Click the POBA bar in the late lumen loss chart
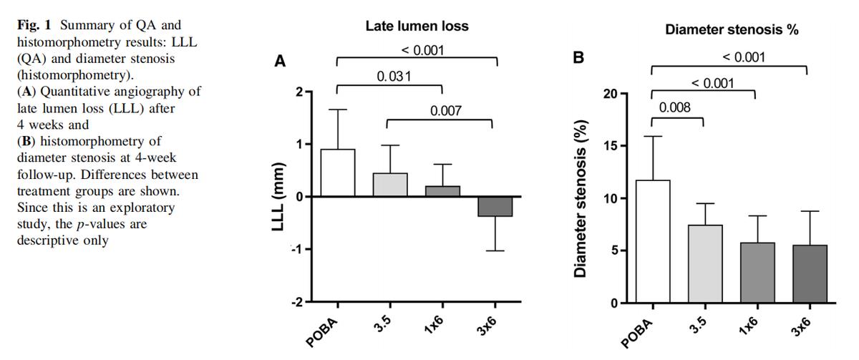coord(337,172)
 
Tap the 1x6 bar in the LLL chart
coord(442,191)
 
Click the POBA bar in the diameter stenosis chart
coord(652,241)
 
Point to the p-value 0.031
coord(394,77)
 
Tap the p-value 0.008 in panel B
coord(675,108)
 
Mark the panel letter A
coord(281,62)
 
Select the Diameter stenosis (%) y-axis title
coord(581,198)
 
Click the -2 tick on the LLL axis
coord(296,302)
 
